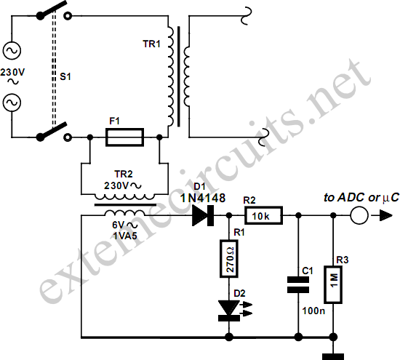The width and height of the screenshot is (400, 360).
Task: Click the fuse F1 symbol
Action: (125, 137)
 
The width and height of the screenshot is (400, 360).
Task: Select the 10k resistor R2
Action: (263, 215)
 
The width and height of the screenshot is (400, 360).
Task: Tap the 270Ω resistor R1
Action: (229, 259)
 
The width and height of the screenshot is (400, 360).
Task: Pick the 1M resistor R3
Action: (333, 284)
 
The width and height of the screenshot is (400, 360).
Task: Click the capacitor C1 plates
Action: (298, 284)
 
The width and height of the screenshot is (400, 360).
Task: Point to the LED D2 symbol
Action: (229, 311)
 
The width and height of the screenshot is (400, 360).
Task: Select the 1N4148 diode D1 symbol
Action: (203, 215)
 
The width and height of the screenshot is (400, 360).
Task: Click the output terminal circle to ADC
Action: (359, 215)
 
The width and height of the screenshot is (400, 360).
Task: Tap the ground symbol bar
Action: (333, 356)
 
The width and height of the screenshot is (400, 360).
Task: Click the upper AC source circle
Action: (12, 50)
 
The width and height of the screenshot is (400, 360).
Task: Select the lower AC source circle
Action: (12, 103)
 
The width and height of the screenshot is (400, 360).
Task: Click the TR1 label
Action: (151, 44)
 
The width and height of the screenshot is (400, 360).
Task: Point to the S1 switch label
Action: (65, 76)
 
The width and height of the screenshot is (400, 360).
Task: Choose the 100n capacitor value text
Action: (313, 311)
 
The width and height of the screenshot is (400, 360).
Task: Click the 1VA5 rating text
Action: (125, 236)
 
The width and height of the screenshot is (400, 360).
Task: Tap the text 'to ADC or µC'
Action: (361, 197)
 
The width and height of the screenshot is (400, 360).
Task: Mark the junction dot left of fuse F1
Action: (89, 137)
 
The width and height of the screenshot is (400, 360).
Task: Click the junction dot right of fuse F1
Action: (159, 137)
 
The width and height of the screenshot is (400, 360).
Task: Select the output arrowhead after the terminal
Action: (385, 215)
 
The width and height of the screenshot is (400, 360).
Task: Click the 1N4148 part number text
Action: (203, 198)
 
